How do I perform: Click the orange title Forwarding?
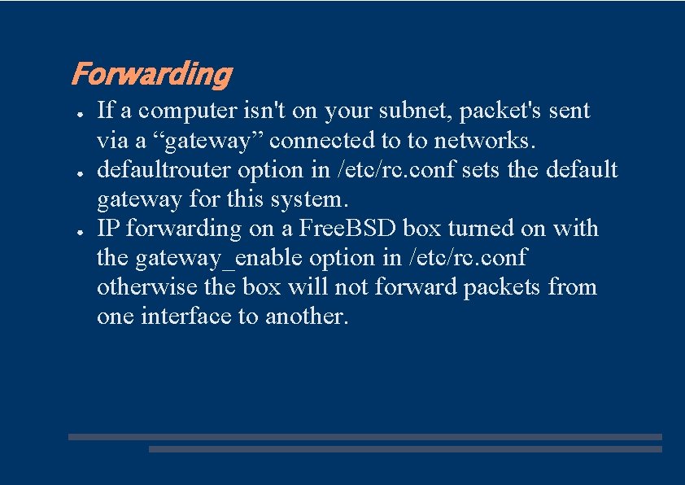pos(151,75)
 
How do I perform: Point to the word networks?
pos(485,141)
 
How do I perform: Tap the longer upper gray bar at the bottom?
pos(364,436)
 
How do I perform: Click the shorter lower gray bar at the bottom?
pos(405,448)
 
